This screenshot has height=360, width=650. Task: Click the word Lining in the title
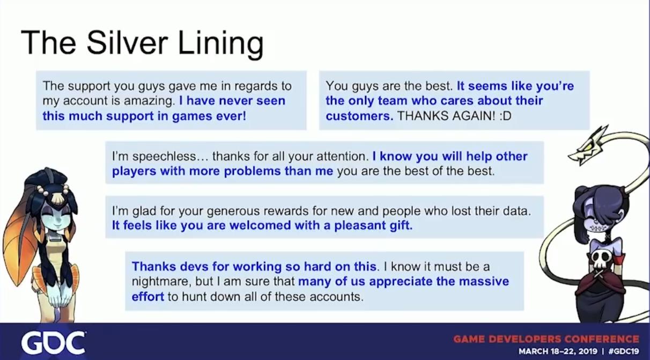[221, 44]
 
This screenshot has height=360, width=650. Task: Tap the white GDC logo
[53, 343]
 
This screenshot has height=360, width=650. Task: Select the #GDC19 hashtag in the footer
[624, 351]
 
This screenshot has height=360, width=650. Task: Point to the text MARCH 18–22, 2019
[558, 351]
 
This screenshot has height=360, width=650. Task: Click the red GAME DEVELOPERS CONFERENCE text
[546, 339]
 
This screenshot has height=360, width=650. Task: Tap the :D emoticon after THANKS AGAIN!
[506, 116]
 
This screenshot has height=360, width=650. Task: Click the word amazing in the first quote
[149, 101]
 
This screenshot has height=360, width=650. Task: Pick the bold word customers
[359, 116]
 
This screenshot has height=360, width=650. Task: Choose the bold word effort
[147, 297]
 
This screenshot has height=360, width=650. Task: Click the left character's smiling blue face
[57, 218]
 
